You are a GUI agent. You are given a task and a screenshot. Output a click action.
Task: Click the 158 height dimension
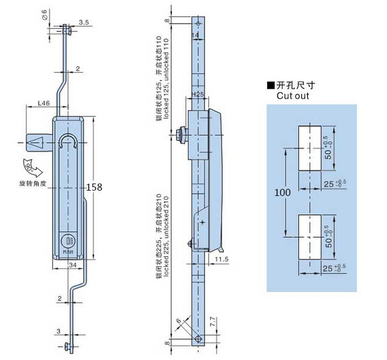(95, 187)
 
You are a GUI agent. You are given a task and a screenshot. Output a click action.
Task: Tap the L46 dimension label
(44, 103)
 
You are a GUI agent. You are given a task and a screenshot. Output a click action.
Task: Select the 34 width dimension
(72, 265)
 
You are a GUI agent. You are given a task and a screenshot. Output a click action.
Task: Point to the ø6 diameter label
(46, 17)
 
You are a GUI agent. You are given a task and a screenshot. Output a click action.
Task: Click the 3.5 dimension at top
(83, 22)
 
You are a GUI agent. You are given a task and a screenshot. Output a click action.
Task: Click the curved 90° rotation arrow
(30, 166)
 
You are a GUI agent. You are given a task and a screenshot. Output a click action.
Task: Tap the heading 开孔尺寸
(294, 85)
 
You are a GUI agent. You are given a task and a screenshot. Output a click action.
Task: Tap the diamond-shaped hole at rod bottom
(200, 339)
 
